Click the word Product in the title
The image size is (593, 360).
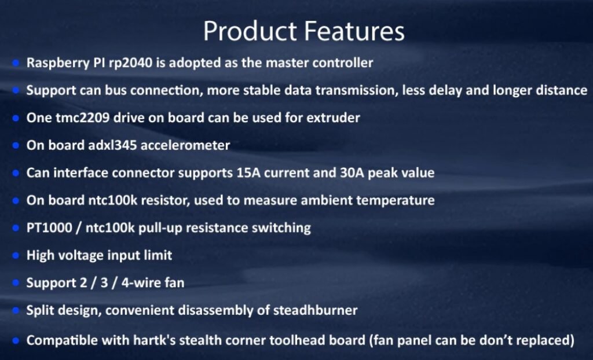250,31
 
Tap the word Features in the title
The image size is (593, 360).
354,31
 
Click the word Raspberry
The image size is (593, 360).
58,63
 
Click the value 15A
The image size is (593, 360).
248,173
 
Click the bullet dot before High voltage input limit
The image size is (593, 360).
16,256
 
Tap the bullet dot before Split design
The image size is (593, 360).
16,310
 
